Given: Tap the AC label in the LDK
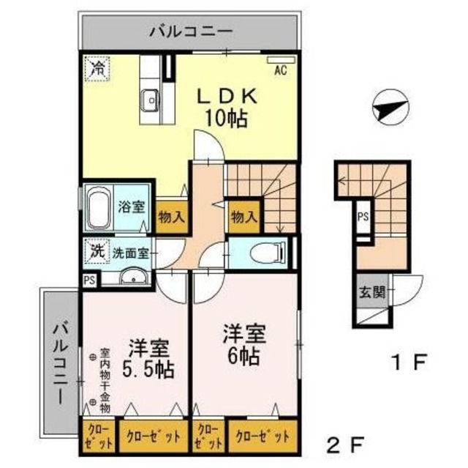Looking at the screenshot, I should (279, 72).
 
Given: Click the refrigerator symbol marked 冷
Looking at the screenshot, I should (97, 69).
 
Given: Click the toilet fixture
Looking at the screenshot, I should (261, 253).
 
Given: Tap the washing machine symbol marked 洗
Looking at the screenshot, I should (97, 250).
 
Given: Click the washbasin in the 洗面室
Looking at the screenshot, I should (132, 278).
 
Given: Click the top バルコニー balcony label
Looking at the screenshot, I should (191, 31).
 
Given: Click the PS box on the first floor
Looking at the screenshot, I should (363, 217).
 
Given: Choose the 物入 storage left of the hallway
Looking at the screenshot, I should (170, 216).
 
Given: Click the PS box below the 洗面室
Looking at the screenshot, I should (88, 280).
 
